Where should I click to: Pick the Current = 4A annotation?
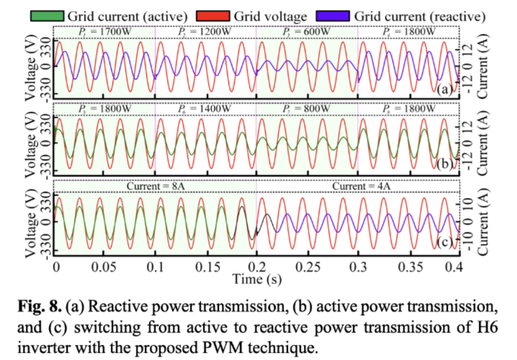pos(359,186)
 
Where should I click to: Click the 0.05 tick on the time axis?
pos(105,267)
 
